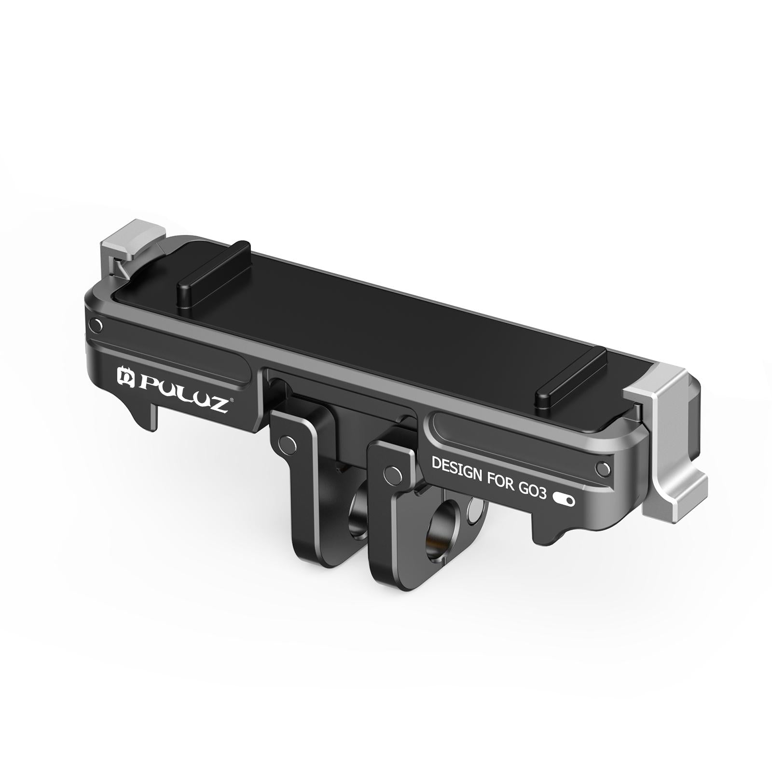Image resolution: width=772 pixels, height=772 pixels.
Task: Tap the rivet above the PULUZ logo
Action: point(97,326)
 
